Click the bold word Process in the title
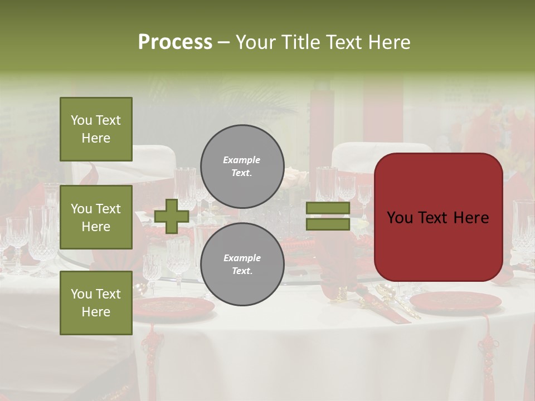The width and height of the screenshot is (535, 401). click(x=175, y=42)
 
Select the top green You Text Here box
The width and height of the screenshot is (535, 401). click(x=96, y=129)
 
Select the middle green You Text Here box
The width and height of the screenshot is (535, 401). click(x=96, y=217)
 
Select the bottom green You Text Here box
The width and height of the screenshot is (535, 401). click(x=96, y=303)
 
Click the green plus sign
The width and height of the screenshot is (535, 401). click(x=172, y=216)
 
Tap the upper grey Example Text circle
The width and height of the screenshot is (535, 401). click(x=242, y=167)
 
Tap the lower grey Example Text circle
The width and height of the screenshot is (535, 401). click(x=242, y=264)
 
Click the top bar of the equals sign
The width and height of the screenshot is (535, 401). click(x=328, y=208)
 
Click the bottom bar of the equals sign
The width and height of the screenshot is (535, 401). click(x=328, y=224)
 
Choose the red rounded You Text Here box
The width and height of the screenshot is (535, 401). click(x=438, y=217)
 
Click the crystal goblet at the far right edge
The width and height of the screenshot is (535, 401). click(x=524, y=228)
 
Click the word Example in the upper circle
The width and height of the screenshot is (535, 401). click(x=241, y=160)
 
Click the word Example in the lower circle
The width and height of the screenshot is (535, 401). click(x=241, y=258)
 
